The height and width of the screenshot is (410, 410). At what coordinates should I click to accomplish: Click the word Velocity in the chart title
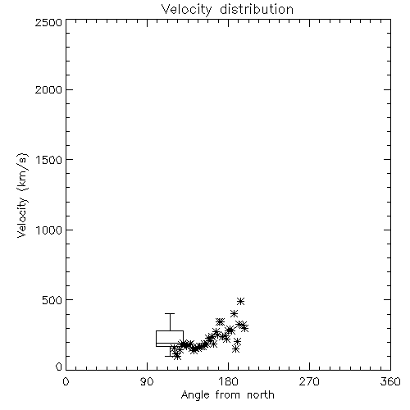tap(186, 10)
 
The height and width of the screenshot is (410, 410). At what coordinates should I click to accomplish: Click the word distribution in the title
tap(257, 9)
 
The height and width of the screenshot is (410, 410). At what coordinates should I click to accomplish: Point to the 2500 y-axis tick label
tap(48, 22)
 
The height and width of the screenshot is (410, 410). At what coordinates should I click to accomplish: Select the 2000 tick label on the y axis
tap(48, 89)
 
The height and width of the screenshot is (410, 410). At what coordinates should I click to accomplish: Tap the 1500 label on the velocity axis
tap(49, 160)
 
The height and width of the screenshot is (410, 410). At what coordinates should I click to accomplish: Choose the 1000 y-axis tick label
tap(49, 230)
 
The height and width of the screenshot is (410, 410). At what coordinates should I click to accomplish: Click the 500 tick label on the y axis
tap(52, 300)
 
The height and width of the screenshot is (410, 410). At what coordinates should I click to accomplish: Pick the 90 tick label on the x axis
tap(147, 381)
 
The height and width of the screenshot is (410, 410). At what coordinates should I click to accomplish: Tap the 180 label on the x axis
tap(228, 381)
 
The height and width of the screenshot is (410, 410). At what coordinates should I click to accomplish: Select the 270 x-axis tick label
tap(309, 381)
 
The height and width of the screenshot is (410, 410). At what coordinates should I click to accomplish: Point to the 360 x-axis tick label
tap(390, 381)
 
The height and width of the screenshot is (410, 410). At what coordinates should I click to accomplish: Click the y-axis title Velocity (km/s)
tap(23, 195)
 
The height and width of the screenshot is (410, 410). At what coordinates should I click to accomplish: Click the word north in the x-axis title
tap(261, 395)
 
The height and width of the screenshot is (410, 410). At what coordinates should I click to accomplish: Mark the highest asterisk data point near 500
tap(240, 302)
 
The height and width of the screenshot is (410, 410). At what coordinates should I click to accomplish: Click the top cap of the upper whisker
tap(170, 313)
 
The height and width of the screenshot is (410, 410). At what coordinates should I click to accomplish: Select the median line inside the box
tap(170, 343)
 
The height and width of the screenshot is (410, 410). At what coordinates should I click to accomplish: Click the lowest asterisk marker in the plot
tap(177, 356)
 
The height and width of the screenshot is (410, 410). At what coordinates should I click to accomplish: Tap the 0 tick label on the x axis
tap(66, 381)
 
